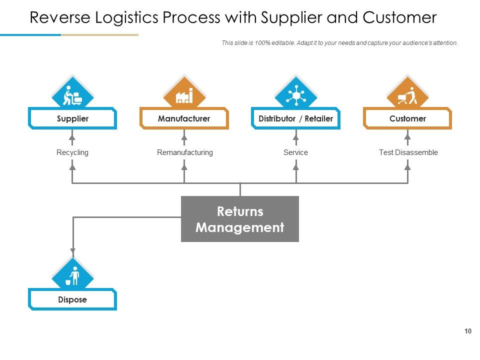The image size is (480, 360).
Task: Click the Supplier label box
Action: tap(72, 118)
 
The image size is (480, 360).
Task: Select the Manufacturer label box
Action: tap(184, 118)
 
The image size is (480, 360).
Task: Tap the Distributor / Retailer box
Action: tap(295, 118)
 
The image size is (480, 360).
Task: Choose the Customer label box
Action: tap(407, 118)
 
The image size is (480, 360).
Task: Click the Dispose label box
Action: tap(72, 299)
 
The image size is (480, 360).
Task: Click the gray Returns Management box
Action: tap(240, 219)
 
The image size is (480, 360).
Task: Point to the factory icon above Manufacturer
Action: tap(184, 95)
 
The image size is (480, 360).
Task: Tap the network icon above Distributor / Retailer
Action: tap(295, 95)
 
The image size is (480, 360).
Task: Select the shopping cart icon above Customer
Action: tap(407, 95)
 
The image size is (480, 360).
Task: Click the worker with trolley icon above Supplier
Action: tap(72, 95)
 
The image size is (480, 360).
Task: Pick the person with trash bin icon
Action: tap(72, 276)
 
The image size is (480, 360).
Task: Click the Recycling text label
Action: tap(72, 152)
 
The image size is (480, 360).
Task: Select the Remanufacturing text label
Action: tap(184, 152)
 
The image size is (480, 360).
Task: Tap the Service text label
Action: tap(295, 152)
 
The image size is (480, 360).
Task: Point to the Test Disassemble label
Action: tap(408, 152)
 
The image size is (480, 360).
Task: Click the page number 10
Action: tap(468, 331)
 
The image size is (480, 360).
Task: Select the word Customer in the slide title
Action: tap(399, 18)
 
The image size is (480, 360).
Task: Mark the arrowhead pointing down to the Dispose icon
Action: tap(72, 252)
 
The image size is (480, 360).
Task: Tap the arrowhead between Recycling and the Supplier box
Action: tap(72, 136)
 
